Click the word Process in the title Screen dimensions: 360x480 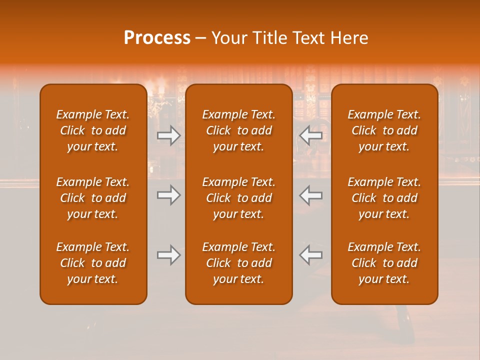(157, 38)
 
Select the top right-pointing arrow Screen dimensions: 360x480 (169, 135)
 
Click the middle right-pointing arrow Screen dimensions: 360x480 (169, 195)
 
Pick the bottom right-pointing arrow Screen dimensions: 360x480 (169, 255)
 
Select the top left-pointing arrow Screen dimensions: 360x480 (311, 135)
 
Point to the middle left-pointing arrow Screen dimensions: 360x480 (311, 195)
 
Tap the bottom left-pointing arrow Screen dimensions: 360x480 (311, 255)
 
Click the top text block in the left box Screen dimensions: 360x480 (93, 130)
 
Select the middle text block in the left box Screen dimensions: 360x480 (93, 198)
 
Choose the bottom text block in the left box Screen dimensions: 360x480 (93, 263)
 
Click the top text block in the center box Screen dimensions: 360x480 (239, 130)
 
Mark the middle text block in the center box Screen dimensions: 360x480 (239, 198)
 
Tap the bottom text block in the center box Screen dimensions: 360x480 (239, 263)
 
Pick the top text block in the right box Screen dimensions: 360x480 (384, 130)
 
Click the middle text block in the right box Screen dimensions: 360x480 (384, 198)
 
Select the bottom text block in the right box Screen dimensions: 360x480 (384, 263)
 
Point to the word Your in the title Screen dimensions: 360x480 (229, 38)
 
